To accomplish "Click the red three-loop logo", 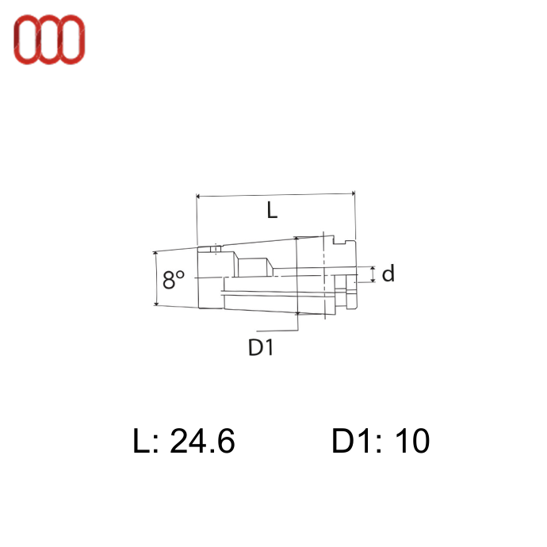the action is click(49, 40).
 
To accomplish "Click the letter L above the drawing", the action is click(272, 210).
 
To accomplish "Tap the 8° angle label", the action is click(174, 279).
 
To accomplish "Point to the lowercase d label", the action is click(388, 273).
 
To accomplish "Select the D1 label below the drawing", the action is click(261, 347).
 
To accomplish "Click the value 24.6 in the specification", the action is click(202, 441).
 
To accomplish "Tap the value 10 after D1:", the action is click(412, 441).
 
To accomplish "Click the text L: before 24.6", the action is click(146, 441).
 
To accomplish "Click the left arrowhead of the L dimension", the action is click(198, 197).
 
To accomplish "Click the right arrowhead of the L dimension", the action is click(353, 193).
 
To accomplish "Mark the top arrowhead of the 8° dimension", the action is click(155, 253).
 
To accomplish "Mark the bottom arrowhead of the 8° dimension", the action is click(156, 304).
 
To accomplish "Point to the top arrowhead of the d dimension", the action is click(373, 268).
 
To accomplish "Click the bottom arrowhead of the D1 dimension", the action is click(297, 312).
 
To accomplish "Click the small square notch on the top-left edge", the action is click(216, 249).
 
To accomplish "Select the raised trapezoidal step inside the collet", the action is click(254, 267).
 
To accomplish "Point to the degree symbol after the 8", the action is click(180, 274).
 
